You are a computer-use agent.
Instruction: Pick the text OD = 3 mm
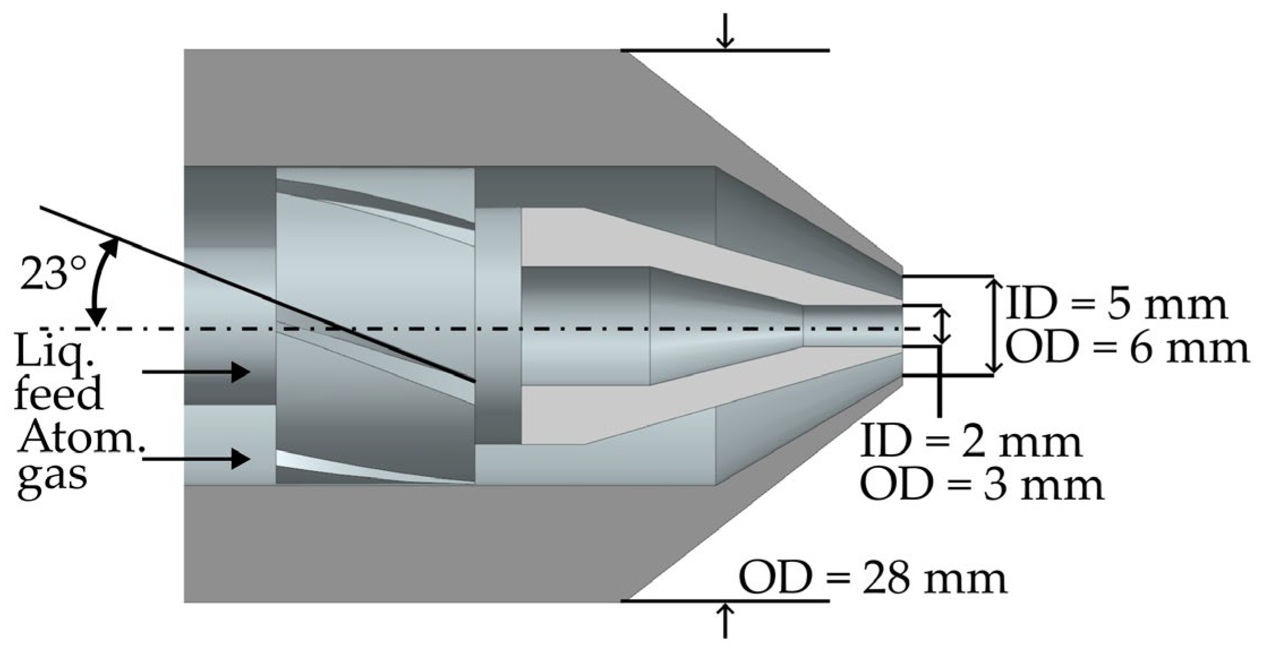pyautogui.click(x=982, y=485)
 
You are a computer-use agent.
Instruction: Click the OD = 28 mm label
pyautogui.click(x=873, y=578)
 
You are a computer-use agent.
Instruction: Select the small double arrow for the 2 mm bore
pyautogui.click(x=942, y=326)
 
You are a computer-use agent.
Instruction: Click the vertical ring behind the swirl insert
pyautogui.click(x=497, y=326)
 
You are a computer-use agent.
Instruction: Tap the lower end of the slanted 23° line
pyautogui.click(x=471, y=379)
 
